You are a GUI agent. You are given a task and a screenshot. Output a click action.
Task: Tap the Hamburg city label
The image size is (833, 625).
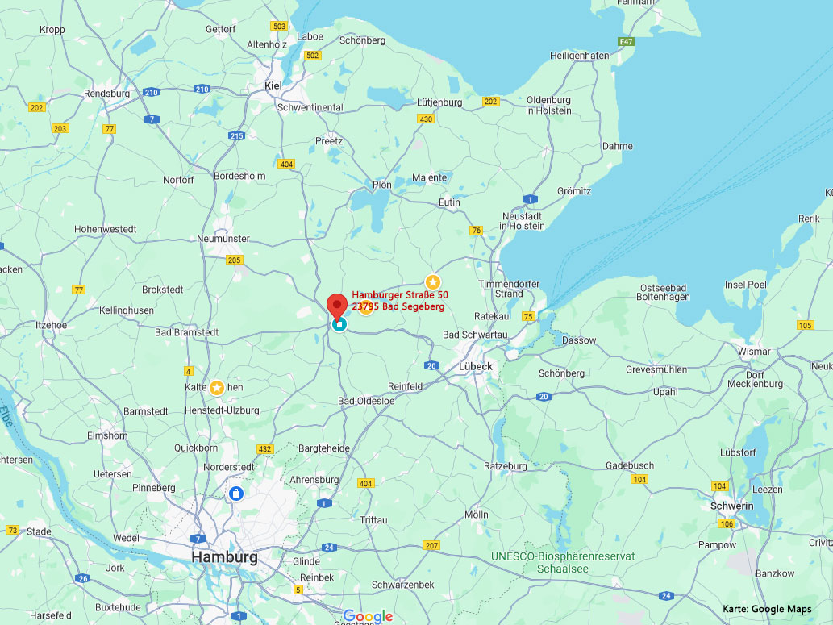point(224,557)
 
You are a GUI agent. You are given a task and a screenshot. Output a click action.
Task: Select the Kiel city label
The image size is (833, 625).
point(273,85)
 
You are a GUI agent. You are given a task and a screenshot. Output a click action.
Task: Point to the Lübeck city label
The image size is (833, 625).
point(476,366)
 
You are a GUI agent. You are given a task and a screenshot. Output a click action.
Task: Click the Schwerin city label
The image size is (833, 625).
point(732,506)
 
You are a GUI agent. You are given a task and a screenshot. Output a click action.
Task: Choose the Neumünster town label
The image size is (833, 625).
point(223,239)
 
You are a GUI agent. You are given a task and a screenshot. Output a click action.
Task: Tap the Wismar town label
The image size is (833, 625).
point(754,352)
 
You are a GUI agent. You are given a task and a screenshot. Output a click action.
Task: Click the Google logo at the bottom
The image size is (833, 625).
point(368,617)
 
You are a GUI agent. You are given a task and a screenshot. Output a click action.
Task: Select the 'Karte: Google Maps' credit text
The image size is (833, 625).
point(767,609)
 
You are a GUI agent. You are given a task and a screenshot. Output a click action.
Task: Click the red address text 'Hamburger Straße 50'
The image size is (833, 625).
point(400,295)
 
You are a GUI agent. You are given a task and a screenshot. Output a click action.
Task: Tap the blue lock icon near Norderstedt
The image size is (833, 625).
point(235,493)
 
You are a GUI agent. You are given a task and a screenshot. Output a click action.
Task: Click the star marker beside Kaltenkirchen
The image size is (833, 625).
point(217,388)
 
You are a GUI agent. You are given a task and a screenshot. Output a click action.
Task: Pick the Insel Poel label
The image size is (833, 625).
point(746,285)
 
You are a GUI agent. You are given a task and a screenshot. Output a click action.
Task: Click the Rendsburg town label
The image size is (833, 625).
point(106,94)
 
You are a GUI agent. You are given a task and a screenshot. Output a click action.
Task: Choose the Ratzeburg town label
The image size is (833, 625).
point(506,466)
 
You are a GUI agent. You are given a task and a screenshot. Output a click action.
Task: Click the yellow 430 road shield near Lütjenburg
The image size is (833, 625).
point(426,119)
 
